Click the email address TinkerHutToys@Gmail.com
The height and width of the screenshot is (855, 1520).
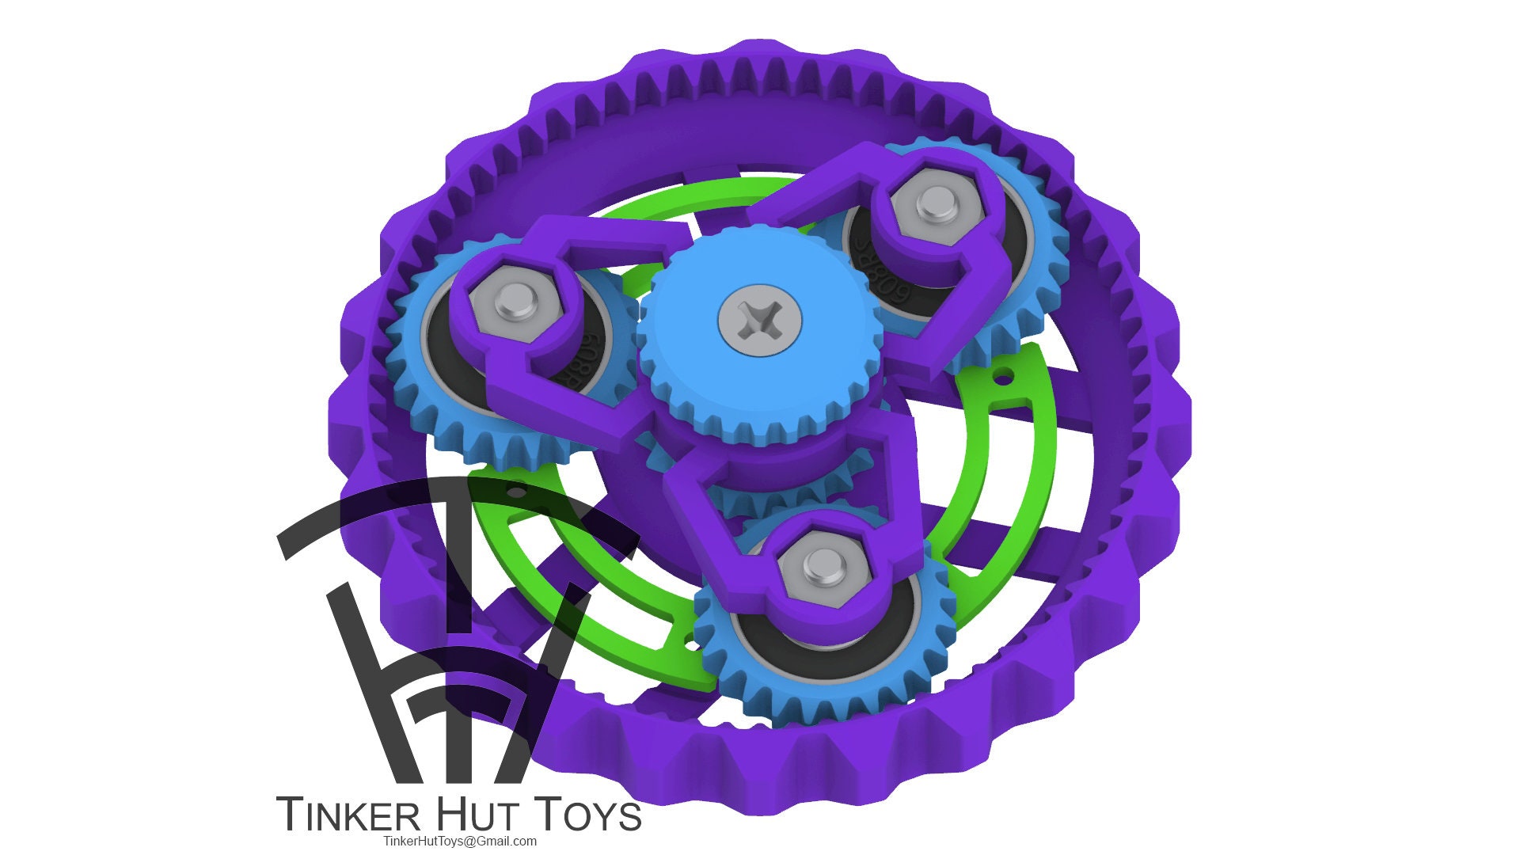point(459,841)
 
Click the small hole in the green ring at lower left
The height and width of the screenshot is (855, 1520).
point(515,492)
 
